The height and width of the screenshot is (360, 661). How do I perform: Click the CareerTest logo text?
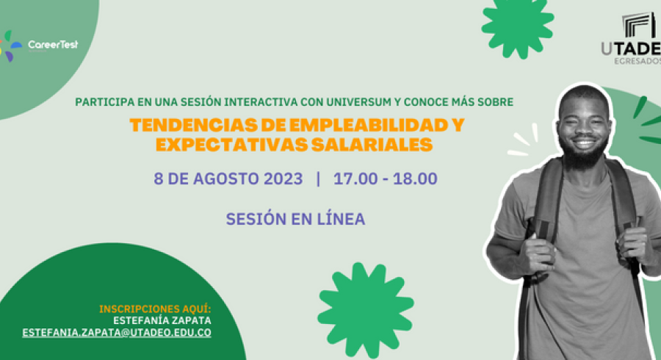tap(53, 45)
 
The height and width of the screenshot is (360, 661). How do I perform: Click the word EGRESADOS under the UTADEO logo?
tap(637, 62)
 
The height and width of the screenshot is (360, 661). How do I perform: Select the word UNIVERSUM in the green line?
tap(358, 102)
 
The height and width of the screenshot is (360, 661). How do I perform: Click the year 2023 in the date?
tap(283, 179)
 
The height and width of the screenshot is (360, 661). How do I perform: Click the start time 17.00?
tap(355, 179)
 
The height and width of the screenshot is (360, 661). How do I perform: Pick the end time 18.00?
tap(415, 179)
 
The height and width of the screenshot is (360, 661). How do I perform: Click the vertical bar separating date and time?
tap(318, 179)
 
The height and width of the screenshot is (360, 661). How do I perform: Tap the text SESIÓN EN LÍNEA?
tap(295, 219)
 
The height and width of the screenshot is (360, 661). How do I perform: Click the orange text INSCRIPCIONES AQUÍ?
tap(155, 309)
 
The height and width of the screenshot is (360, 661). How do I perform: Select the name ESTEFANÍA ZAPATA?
tap(162, 320)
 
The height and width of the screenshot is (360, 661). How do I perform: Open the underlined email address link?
tap(117, 333)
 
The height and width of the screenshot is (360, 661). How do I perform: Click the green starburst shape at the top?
tap(518, 26)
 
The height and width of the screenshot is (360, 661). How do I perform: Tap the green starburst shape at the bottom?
tap(366, 310)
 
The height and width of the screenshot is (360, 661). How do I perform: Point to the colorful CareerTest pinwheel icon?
tap(10, 46)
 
